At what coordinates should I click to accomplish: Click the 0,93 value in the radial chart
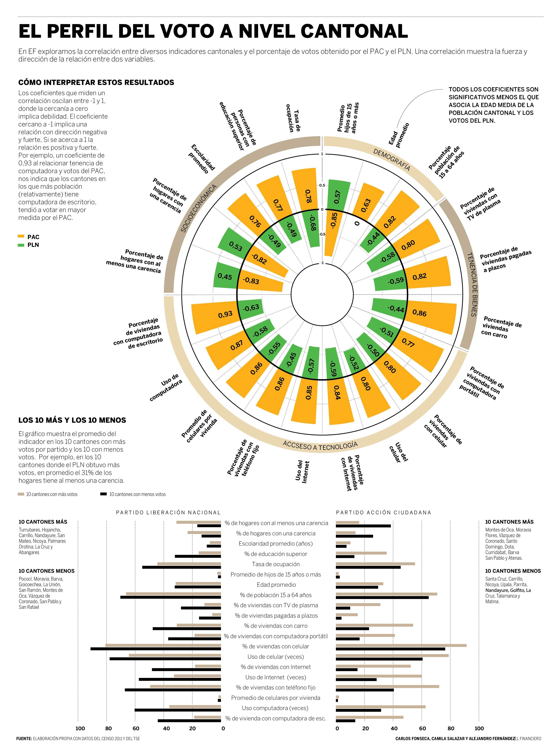225,314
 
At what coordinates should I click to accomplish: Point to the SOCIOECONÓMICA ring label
199,208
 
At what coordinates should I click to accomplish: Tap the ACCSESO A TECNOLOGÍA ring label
320,446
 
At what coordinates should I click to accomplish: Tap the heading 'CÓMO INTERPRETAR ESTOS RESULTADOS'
96,82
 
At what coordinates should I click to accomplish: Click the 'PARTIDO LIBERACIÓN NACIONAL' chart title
168,512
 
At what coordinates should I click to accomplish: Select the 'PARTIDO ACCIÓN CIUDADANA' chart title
384,512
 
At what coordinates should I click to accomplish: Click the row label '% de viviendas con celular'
276,646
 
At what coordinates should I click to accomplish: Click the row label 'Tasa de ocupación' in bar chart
276,564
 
